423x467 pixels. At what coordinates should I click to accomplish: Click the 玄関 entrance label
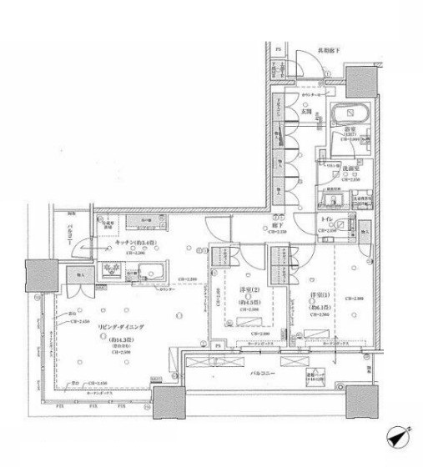(x=305, y=111)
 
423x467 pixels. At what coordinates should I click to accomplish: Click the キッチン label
(x=118, y=243)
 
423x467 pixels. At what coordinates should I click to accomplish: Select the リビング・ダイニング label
(x=111, y=326)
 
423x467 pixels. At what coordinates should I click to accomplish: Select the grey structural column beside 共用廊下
(x=360, y=80)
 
